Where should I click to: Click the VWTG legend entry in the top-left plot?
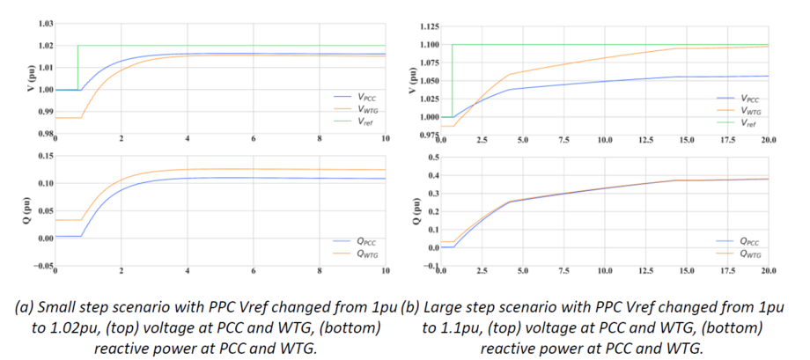coord(357,109)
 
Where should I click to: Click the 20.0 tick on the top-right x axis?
coord(767,140)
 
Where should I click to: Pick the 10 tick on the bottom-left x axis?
coord(385,271)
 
